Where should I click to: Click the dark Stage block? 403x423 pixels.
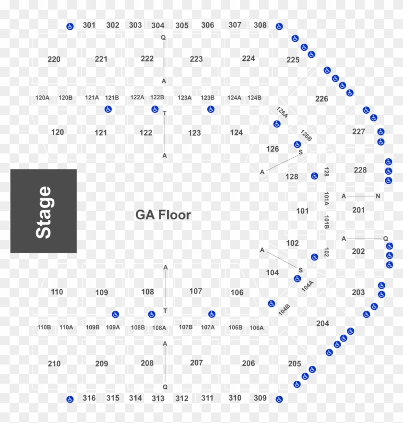click(x=44, y=211)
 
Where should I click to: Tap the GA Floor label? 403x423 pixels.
click(x=163, y=215)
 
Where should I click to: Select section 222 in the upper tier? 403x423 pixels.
click(x=147, y=59)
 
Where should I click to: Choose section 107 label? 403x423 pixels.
click(x=196, y=291)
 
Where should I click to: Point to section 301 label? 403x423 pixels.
click(x=89, y=24)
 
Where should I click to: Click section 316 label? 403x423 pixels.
click(x=89, y=398)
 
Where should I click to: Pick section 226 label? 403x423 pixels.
click(x=321, y=99)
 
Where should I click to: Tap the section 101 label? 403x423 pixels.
click(x=302, y=211)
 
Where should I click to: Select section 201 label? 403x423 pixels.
click(x=358, y=210)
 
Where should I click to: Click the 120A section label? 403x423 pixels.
click(x=42, y=98)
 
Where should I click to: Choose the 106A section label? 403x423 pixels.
click(x=257, y=328)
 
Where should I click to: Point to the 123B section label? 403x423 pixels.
click(x=207, y=98)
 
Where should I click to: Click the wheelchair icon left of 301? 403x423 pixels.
click(x=70, y=26)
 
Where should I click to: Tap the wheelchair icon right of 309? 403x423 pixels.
click(x=279, y=399)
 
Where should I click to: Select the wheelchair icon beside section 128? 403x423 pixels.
click(x=314, y=176)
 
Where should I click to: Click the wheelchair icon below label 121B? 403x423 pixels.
click(x=108, y=109)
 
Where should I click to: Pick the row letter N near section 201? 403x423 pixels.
click(x=378, y=196)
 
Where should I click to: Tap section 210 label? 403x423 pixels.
click(x=54, y=364)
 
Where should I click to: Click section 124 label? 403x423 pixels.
click(x=237, y=132)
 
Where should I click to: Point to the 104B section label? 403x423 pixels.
click(x=284, y=309)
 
